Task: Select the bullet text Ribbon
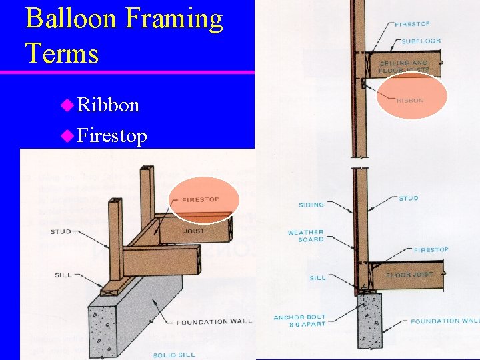pyautogui.click(x=109, y=105)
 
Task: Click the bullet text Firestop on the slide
pyautogui.click(x=112, y=136)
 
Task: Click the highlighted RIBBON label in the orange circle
pyautogui.click(x=410, y=101)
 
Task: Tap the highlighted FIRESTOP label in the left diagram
pyautogui.click(x=201, y=199)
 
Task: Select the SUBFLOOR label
pyautogui.click(x=421, y=41)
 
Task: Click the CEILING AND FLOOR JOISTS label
pyautogui.click(x=403, y=67)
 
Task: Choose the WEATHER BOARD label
pyautogui.click(x=305, y=235)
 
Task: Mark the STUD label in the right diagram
pyautogui.click(x=408, y=198)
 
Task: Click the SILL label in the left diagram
pyautogui.click(x=63, y=275)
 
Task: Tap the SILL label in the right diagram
pyautogui.click(x=318, y=277)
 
